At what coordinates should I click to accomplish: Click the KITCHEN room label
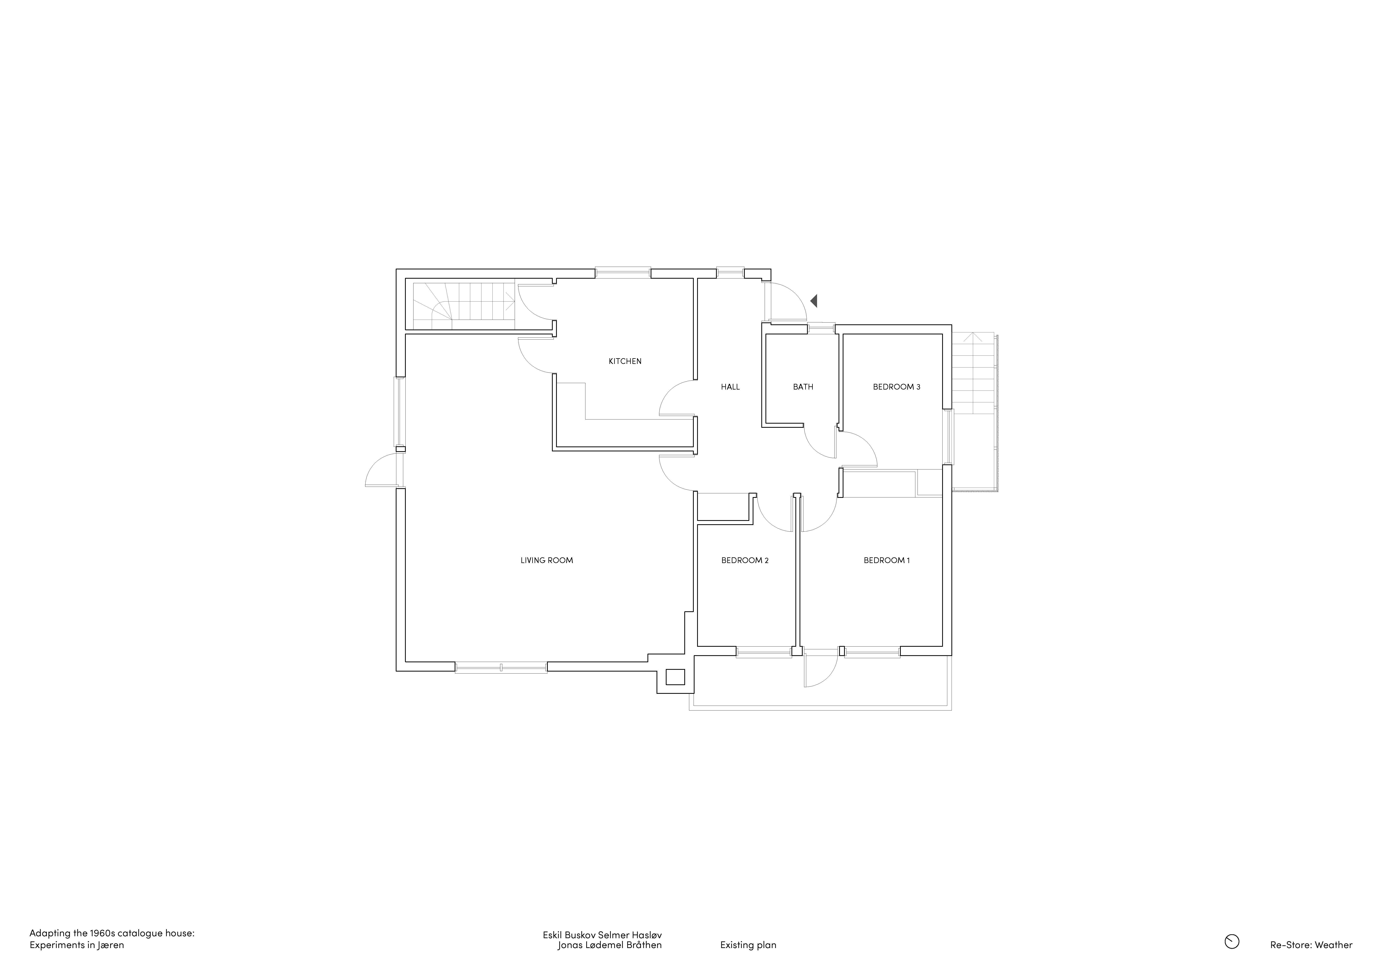coord(625,361)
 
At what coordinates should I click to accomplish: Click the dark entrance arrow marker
coord(814,300)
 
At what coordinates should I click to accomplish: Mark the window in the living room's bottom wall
coord(501,667)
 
